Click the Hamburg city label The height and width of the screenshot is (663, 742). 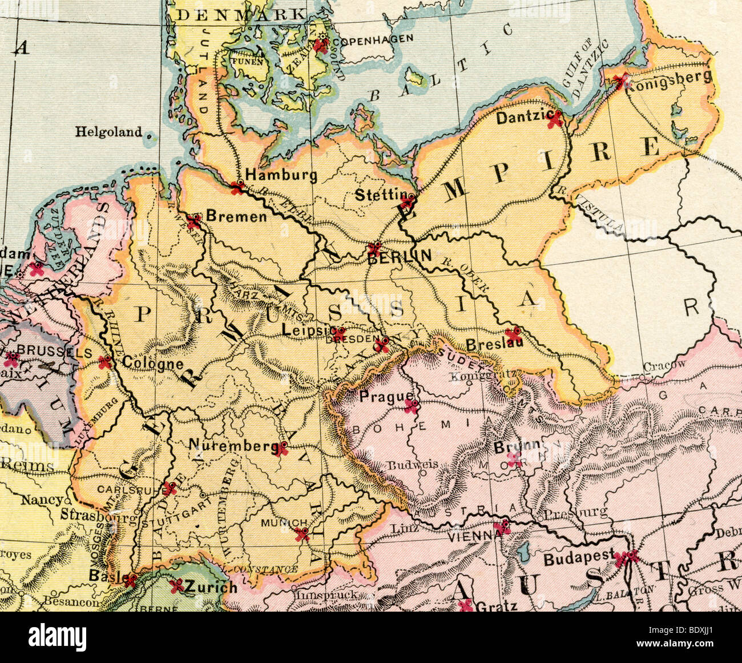pos(281,175)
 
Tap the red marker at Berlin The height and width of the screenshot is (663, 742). pos(374,248)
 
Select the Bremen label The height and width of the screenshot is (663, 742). pos(236,217)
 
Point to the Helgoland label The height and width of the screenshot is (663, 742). pos(108,132)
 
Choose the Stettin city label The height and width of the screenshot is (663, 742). pos(377,195)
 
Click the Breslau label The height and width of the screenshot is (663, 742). pos(486,345)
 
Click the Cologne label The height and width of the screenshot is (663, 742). pos(145,363)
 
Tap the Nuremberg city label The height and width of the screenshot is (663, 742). pos(231,445)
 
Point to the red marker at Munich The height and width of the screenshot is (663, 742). pos(301,534)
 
